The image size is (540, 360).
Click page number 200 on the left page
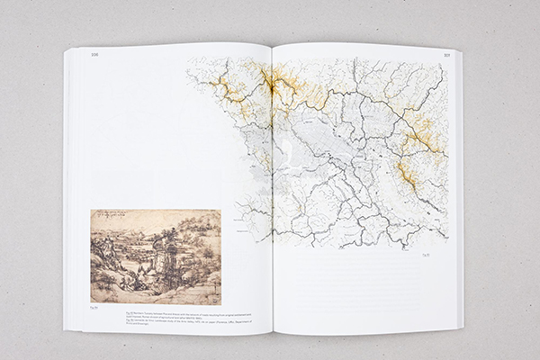tap(93, 56)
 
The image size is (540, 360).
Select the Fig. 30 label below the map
tap(427, 255)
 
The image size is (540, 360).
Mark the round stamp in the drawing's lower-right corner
tap(212, 293)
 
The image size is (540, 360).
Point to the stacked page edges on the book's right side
tap(459, 189)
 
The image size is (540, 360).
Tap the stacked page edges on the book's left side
tap(67, 189)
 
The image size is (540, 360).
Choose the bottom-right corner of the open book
tap(462, 326)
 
